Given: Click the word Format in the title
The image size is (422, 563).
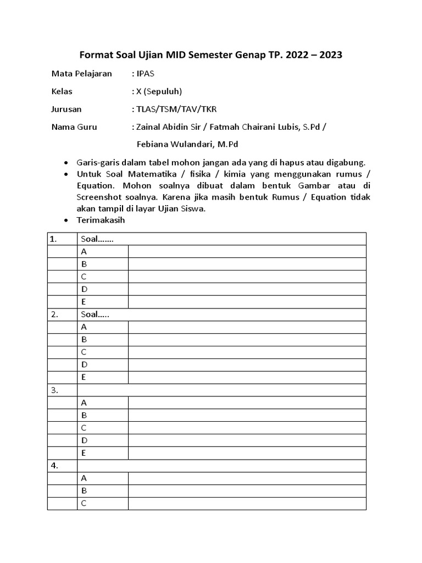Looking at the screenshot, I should point(96,55).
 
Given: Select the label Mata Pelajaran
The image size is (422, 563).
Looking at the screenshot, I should point(81,73).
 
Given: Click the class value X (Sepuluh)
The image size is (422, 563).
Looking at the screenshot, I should point(158,91).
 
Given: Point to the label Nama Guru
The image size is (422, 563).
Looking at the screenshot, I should point(74,127).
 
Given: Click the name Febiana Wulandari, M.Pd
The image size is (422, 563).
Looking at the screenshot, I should point(187,145).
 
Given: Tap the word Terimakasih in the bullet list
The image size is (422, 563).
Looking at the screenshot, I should point(101,220).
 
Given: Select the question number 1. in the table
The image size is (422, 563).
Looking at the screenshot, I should point(53,239).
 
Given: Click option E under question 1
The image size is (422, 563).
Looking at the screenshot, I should point(84,302).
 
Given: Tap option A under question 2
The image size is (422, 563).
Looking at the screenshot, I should point(84,327).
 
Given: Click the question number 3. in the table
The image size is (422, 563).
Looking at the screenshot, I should point(54,390).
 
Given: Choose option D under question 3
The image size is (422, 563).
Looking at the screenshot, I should point(84,440).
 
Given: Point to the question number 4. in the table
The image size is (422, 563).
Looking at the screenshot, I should point(54,466).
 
